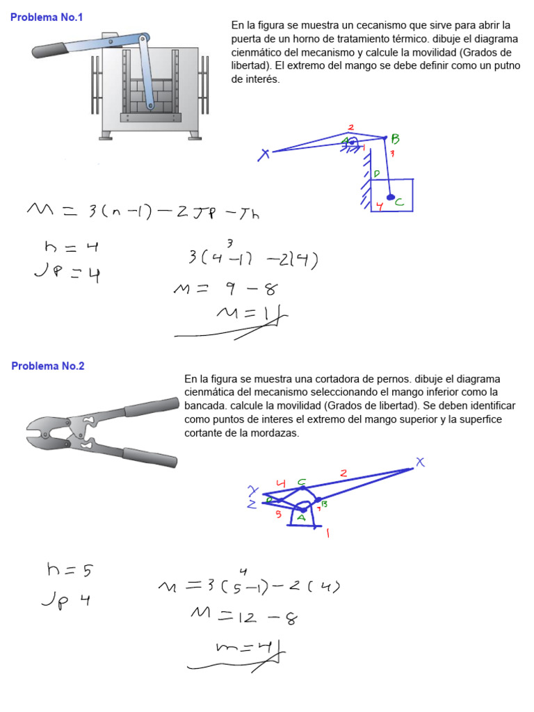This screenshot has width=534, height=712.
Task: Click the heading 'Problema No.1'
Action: (x=47, y=17)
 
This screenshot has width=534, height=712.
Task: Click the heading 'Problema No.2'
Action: (x=48, y=366)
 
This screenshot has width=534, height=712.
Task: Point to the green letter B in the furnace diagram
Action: (x=395, y=139)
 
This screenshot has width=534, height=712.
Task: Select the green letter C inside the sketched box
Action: (x=398, y=202)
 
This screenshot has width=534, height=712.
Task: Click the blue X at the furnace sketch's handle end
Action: (x=264, y=155)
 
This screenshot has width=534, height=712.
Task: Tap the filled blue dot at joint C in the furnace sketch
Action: (x=391, y=197)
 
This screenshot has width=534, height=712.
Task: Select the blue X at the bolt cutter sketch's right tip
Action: (x=419, y=462)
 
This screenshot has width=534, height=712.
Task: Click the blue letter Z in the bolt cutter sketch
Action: (x=252, y=505)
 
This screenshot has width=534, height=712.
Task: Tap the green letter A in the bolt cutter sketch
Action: (x=301, y=517)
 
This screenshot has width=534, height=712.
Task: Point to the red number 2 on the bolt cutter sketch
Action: (x=343, y=473)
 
